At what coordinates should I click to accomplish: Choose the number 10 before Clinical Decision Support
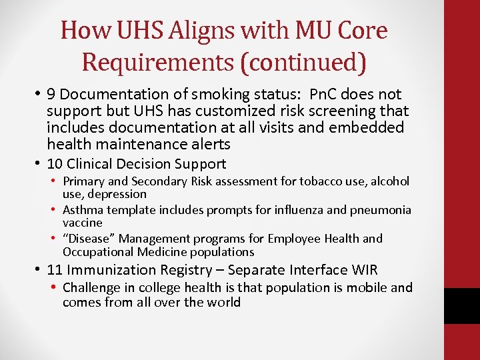[55, 164]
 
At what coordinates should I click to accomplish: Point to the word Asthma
[83, 210]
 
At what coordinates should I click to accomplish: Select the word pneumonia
[381, 210]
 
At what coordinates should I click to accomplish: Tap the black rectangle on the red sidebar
[462, 306]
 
